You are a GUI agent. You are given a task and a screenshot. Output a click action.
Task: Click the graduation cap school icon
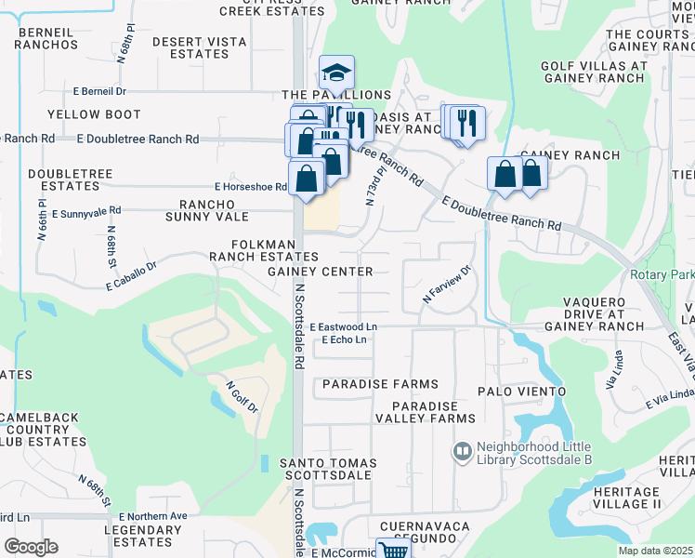coord(337,73)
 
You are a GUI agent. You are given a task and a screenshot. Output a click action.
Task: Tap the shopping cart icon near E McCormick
coord(394,550)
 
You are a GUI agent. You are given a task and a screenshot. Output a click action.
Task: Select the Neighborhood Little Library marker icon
coord(462,451)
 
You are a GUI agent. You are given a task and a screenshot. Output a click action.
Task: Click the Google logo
coord(31,547)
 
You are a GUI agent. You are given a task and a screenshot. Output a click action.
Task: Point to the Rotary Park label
coord(661,274)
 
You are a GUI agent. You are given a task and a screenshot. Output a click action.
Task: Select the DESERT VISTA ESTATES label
coord(190,48)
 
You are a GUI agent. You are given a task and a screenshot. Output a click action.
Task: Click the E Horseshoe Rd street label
coord(251,187)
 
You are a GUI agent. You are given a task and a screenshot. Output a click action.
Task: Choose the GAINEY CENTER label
coord(320,272)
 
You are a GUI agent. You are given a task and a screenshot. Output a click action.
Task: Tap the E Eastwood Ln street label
coord(344,327)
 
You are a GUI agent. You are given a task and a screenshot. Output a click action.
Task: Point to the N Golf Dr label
coord(241,392)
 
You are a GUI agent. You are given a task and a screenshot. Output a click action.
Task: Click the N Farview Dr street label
coord(448,285)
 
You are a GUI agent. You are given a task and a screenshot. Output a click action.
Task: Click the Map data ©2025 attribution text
coord(656,551)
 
